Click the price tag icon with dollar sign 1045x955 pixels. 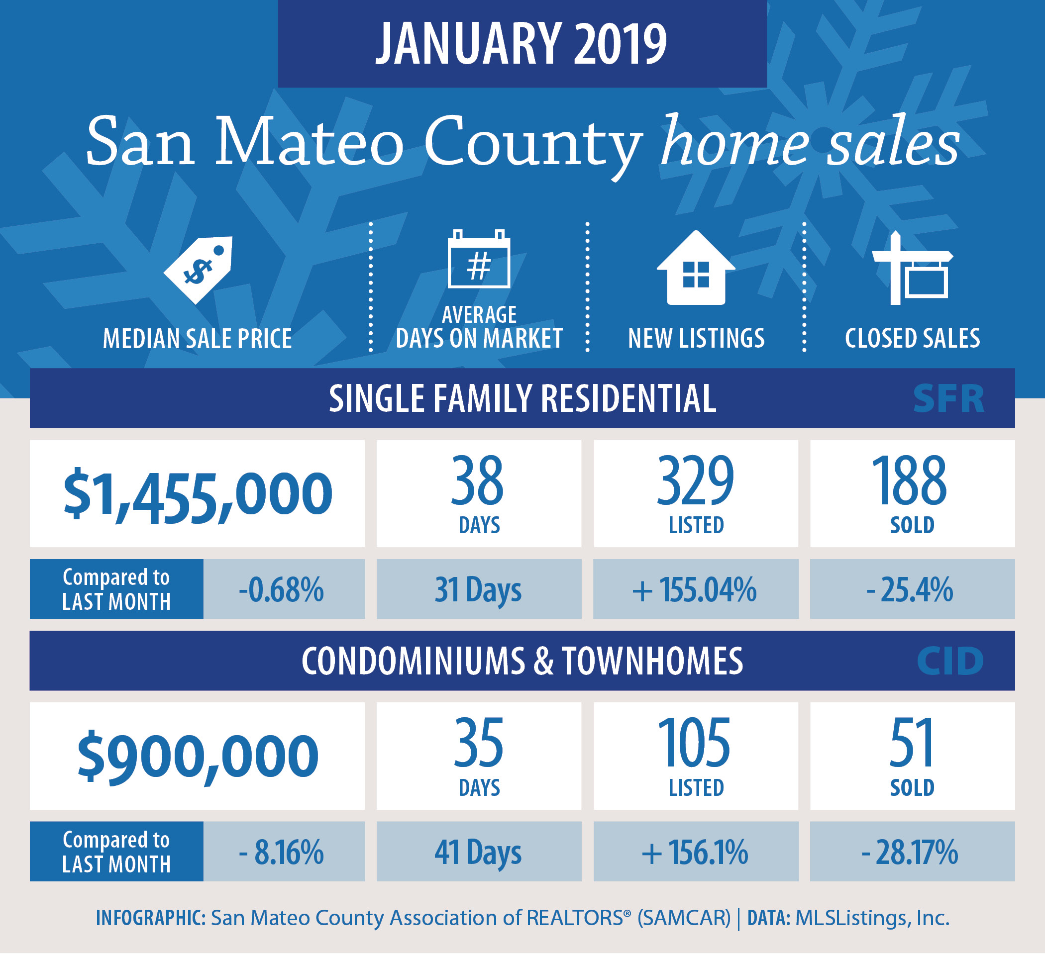(x=199, y=270)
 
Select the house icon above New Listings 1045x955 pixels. (x=696, y=268)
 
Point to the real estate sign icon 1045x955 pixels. (x=912, y=268)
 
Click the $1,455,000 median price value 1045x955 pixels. (x=198, y=494)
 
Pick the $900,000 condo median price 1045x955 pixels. (x=198, y=757)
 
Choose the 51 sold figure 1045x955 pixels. (x=912, y=743)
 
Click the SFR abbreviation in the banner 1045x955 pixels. (x=948, y=399)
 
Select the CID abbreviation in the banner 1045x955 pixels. (x=950, y=661)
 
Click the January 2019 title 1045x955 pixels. (x=522, y=44)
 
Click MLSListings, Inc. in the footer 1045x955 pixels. (x=872, y=918)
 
